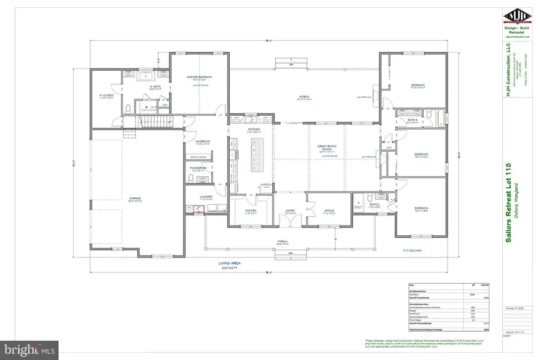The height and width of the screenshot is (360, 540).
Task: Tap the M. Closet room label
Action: pos(107,96)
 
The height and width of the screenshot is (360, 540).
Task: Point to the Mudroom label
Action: pos(202,142)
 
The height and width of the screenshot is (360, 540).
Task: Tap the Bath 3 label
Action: pos(412,120)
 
